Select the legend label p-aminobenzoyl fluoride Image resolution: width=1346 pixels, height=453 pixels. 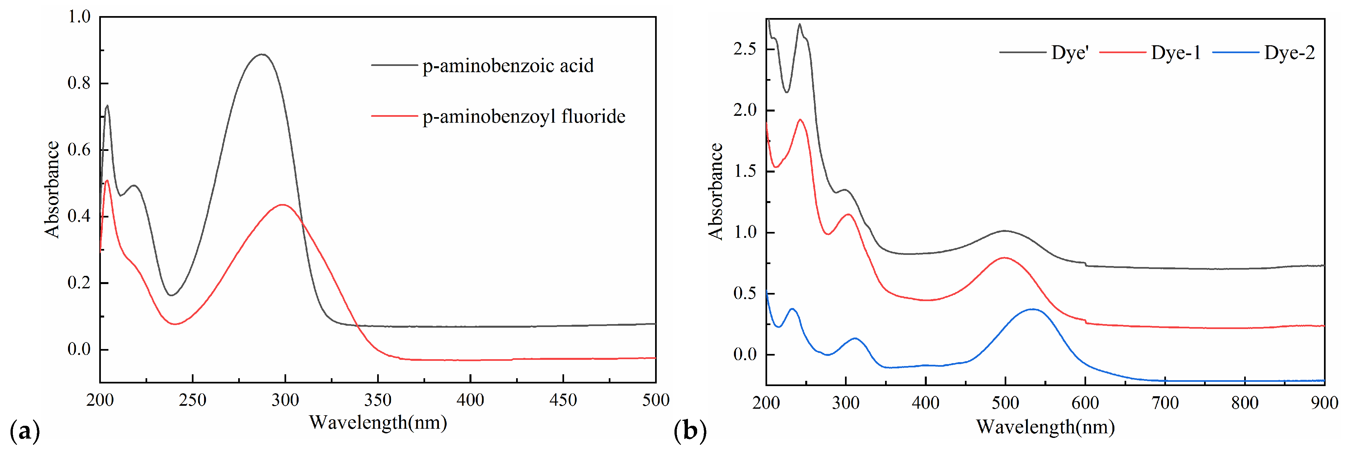tap(524, 116)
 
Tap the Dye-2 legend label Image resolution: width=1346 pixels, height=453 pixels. tap(1289, 53)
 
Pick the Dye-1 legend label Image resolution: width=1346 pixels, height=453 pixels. tap(1176, 53)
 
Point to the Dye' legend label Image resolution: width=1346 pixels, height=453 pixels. tap(1070, 53)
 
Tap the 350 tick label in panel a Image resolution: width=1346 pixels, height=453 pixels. tap(378, 400)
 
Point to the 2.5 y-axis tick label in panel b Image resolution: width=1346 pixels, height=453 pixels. tap(744, 49)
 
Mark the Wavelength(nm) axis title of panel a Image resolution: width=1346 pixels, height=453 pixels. tap(378, 422)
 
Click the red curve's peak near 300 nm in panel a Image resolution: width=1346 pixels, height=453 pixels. tap(283, 205)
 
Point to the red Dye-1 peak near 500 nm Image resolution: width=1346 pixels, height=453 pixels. tap(1004, 258)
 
